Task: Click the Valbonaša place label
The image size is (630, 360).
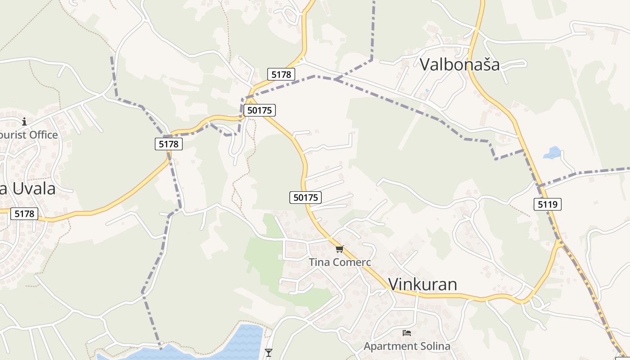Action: point(459,64)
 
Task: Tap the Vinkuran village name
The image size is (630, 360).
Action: point(422,284)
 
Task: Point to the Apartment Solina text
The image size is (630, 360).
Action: point(407,346)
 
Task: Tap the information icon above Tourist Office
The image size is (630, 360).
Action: point(24,121)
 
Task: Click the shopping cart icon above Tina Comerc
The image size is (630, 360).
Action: point(339,249)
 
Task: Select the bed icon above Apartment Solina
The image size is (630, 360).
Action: point(407,333)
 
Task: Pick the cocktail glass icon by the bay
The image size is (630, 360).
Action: point(269,352)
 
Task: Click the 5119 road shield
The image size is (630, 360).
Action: point(548,204)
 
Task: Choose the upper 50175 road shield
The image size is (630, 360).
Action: point(259,110)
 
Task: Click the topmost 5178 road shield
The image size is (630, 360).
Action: point(281,74)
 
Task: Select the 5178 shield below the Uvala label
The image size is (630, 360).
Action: point(24,214)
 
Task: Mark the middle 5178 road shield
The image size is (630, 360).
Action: point(169,144)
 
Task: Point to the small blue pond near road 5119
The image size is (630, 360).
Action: point(552,153)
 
